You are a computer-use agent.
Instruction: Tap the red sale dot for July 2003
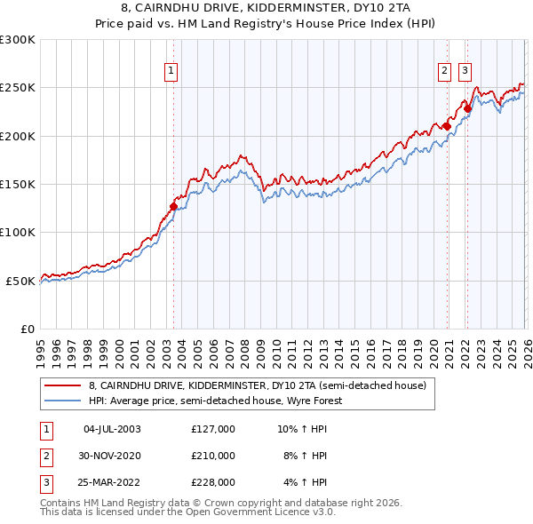point(174,207)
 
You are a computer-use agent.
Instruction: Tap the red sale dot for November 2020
point(447,126)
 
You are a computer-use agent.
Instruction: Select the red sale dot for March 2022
point(467,109)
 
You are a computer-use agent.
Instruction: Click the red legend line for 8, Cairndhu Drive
point(62,386)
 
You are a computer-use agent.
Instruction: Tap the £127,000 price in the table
point(213,429)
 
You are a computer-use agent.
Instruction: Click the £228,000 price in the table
point(213,482)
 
